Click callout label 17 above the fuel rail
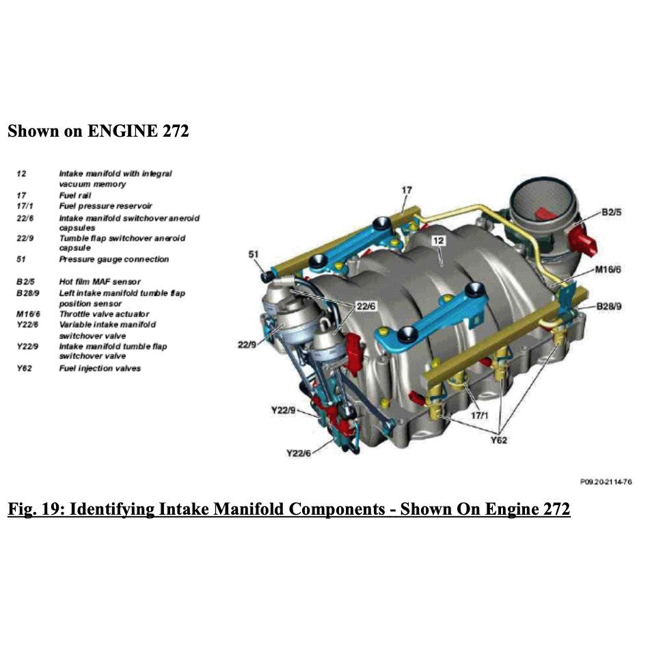pyautogui.click(x=407, y=189)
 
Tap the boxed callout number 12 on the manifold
pyautogui.click(x=438, y=241)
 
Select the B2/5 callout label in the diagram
pyautogui.click(x=611, y=213)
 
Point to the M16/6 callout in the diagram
pyautogui.click(x=607, y=269)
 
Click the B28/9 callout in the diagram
pyautogui.click(x=608, y=306)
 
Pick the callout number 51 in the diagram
pyautogui.click(x=254, y=255)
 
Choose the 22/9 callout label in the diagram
pyautogui.click(x=247, y=345)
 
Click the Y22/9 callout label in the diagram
pyautogui.click(x=282, y=411)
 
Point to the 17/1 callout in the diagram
pyautogui.click(x=480, y=415)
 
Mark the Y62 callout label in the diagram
pyautogui.click(x=499, y=440)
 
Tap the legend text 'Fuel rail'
pyautogui.click(x=75, y=195)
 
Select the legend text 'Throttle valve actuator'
pyautogui.click(x=104, y=314)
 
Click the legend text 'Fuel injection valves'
pyautogui.click(x=100, y=368)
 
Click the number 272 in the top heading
pyautogui.click(x=175, y=131)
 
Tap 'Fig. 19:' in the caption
pyautogui.click(x=35, y=509)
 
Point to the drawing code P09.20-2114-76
pyautogui.click(x=606, y=482)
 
